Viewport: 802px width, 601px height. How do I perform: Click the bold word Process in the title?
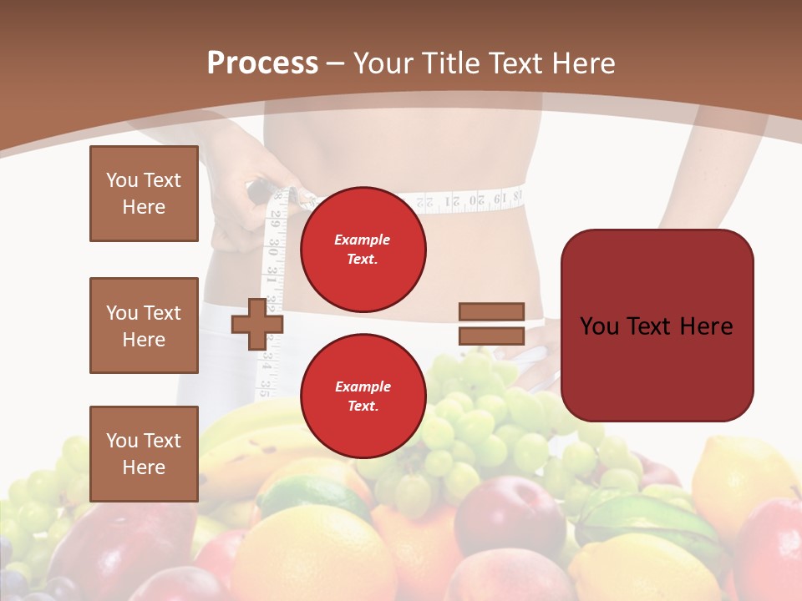(262, 63)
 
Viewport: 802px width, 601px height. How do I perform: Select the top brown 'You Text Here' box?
(144, 194)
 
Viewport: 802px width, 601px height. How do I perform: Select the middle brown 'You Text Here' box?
(144, 326)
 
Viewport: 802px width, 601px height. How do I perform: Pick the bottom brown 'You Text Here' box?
(144, 453)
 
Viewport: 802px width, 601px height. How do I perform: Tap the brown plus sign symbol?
(257, 324)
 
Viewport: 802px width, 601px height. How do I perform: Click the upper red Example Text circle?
(363, 249)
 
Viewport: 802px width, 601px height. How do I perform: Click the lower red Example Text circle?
(363, 396)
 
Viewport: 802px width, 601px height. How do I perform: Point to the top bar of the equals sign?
(492, 311)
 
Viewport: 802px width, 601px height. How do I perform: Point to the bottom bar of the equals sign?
(492, 336)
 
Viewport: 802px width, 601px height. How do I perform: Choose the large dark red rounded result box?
(657, 326)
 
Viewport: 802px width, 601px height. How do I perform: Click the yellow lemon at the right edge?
(744, 476)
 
